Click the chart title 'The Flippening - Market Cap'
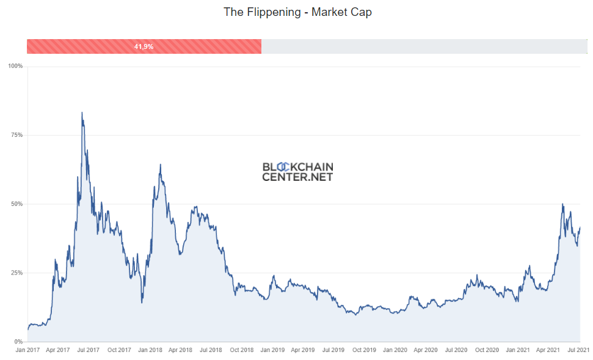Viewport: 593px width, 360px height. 297,12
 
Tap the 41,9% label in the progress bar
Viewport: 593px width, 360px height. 144,46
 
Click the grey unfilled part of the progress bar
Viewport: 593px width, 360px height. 421,46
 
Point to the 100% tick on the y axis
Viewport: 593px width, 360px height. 15,66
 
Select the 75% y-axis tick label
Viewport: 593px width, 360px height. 16,135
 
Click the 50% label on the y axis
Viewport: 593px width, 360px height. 16,204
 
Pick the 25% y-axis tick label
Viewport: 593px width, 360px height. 16,273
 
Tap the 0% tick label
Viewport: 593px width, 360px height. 18,342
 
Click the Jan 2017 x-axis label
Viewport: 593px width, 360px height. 27,350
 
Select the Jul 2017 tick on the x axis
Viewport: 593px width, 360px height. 89,350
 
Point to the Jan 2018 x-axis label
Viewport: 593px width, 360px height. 150,350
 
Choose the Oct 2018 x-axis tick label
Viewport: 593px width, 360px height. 242,350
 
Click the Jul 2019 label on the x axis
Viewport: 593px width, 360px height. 333,350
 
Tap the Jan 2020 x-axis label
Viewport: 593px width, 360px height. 395,350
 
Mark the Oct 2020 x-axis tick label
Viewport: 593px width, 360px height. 487,350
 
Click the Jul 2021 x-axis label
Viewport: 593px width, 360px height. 578,350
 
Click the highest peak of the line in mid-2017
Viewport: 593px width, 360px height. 82,112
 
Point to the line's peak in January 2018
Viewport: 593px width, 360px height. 160,164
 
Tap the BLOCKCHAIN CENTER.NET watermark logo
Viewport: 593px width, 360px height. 297,172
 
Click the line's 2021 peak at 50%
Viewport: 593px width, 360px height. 562,204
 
